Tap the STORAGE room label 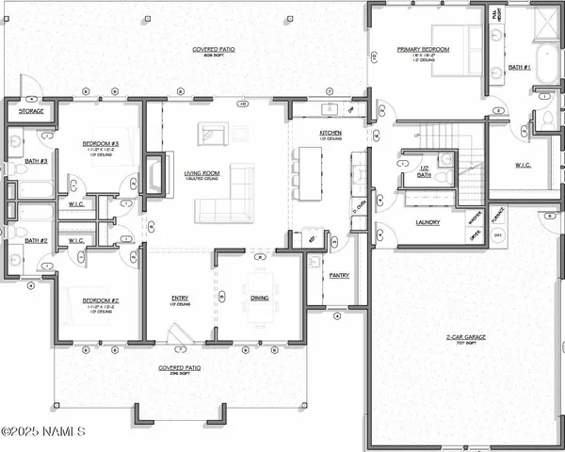tap(30, 111)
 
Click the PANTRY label tap(340, 277)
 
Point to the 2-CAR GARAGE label tap(460, 337)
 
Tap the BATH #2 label tap(36, 241)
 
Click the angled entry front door tap(176, 332)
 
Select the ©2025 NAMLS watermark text tap(43, 432)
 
